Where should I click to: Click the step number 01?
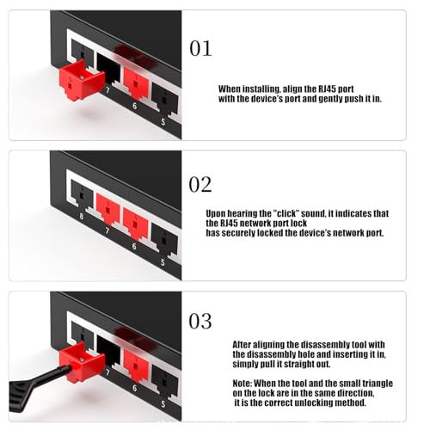pyautogui.click(x=200, y=48)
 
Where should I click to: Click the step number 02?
pyautogui.click(x=200, y=185)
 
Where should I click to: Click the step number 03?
pyautogui.click(x=200, y=321)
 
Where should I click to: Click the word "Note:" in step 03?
pyautogui.click(x=243, y=384)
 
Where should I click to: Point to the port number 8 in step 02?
pyautogui.click(x=82, y=216)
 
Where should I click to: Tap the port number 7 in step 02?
pyautogui.click(x=107, y=230)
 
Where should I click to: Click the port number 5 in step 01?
pyautogui.click(x=163, y=122)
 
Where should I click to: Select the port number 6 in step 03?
pyautogui.click(x=134, y=388)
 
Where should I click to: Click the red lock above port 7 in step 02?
pyautogui.click(x=107, y=209)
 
